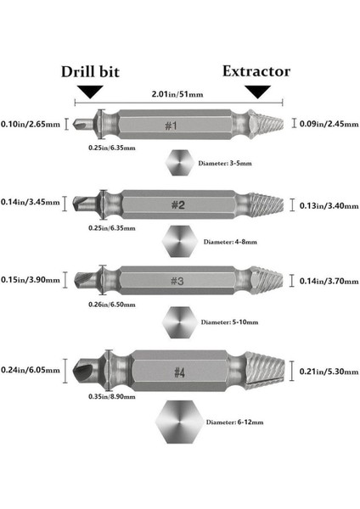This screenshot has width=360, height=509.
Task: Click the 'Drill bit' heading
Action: coord(90,72)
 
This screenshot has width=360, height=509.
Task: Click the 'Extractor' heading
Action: coord(256,71)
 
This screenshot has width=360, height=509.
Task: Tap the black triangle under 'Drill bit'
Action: coord(90,92)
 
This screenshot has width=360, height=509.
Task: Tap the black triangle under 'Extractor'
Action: coord(257,92)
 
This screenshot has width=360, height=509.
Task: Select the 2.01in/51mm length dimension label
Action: coord(177,94)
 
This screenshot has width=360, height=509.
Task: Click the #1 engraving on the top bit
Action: coord(171,126)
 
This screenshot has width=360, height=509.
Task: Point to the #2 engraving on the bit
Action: coord(178,204)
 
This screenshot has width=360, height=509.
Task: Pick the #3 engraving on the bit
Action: coord(177,281)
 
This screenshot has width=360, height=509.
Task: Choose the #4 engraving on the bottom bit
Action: coord(179,372)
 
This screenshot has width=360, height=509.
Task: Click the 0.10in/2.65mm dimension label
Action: coord(31,124)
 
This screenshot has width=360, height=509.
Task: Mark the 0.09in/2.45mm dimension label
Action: coord(329,124)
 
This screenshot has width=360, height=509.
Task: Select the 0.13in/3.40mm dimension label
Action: coord(329,206)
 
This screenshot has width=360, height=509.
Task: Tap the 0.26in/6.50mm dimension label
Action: coord(112,305)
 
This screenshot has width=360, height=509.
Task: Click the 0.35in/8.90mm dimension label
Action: coord(112,396)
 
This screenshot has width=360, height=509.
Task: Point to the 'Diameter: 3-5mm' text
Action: coord(225,163)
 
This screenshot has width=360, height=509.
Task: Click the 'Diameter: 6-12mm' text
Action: coord(234,422)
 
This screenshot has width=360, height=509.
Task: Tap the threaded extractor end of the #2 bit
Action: coord(266,204)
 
